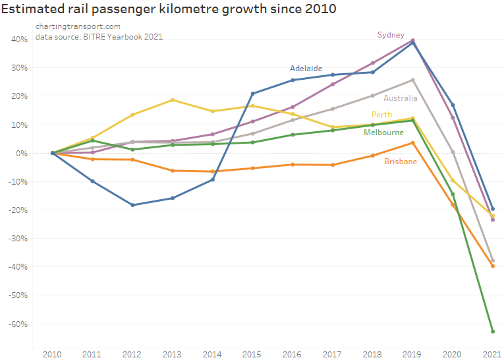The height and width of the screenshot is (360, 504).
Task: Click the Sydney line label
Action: coord(391,35)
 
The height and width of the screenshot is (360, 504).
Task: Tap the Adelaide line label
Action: coord(306,69)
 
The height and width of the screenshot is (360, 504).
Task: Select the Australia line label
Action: coord(401,98)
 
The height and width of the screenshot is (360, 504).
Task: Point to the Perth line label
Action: coord(381,115)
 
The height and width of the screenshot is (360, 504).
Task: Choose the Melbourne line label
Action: coord(383,133)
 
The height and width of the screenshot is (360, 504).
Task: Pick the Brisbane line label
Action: coord(401,162)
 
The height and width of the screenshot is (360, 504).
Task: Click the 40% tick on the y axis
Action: coord(19,40)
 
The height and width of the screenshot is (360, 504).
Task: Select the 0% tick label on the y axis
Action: coord(21,154)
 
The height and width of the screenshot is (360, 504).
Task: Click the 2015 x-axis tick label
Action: coord(252,354)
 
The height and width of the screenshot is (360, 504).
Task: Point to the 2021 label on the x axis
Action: coord(492,354)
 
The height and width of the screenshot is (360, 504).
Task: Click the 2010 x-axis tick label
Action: coord(52,354)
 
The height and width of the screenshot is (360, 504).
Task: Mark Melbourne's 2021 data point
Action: coord(492,332)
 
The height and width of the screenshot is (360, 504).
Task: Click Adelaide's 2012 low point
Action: coord(132,205)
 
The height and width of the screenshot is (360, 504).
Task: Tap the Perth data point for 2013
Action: coord(173,100)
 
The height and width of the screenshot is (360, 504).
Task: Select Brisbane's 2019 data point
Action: coord(412,143)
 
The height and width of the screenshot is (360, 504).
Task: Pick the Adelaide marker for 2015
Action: coord(252,94)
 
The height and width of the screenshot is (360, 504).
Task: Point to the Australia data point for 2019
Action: coord(412,80)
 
